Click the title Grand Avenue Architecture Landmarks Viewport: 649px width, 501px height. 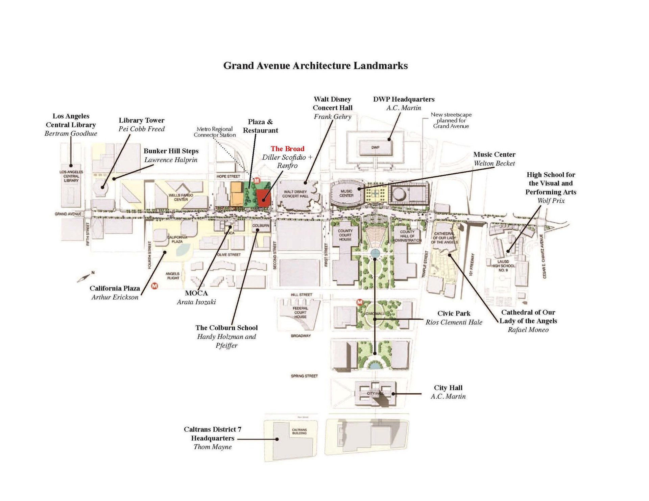click(x=315, y=66)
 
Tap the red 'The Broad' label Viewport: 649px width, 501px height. click(x=287, y=149)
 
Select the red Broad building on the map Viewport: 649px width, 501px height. click(x=263, y=197)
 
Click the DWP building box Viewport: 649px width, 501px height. click(x=375, y=148)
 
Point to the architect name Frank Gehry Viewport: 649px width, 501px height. click(x=332, y=117)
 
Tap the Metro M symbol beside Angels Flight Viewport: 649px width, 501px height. click(x=155, y=285)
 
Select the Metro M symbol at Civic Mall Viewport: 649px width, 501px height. click(x=360, y=302)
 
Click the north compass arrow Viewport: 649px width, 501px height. click(x=84, y=277)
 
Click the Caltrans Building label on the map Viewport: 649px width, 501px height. click(x=299, y=431)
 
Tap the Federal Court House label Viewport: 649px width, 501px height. click(x=300, y=312)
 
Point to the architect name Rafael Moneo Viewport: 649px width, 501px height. click(x=528, y=330)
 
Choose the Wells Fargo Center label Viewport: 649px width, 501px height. click(x=181, y=197)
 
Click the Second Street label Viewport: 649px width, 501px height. click(x=275, y=255)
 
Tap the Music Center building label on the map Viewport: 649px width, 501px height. click(x=346, y=193)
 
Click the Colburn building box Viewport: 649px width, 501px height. click(x=261, y=226)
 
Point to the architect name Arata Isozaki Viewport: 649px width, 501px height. click(x=196, y=302)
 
